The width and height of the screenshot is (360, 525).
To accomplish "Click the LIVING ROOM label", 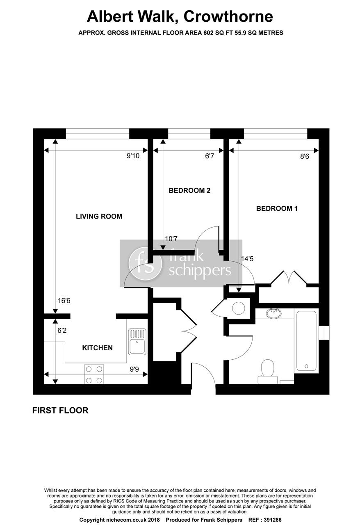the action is [99, 216].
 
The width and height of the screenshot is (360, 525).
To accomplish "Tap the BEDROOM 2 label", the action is [189, 190].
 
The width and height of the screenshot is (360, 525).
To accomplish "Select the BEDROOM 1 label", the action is [277, 208].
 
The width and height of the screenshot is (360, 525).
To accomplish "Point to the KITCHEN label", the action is [97, 348].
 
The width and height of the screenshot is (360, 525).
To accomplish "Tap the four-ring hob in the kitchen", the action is [93, 374].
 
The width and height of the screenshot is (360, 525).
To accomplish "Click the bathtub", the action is [306, 341].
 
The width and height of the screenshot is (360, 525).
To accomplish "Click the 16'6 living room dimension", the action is [64, 301].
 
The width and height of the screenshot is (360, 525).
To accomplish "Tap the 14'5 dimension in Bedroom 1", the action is [248, 259].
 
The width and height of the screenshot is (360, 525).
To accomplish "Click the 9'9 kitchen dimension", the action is [134, 369].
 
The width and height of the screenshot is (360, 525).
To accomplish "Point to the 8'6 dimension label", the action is [304, 156].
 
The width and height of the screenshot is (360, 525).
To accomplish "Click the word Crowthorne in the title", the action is [228, 16].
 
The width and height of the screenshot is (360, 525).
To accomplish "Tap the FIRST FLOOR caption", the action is [60, 410].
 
